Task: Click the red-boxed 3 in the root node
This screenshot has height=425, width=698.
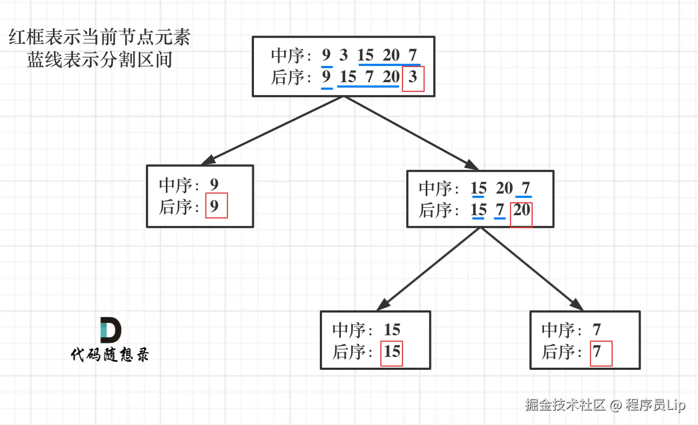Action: click(413, 78)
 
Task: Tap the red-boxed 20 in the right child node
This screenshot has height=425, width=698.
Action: click(521, 210)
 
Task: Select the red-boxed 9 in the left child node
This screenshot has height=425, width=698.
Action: click(215, 206)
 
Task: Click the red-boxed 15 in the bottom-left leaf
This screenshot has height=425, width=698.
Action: click(392, 352)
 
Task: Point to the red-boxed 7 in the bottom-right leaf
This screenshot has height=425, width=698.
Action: click(598, 352)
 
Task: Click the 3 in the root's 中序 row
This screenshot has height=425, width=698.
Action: click(344, 55)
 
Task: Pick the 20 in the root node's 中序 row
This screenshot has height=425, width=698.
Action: click(391, 55)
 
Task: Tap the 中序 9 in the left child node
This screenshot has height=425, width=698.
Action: click(214, 185)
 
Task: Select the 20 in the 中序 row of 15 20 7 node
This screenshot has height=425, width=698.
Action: click(504, 188)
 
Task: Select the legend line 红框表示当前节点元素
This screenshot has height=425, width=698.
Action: click(100, 39)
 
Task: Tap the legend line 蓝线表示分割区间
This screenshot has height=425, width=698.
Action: click(100, 59)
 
